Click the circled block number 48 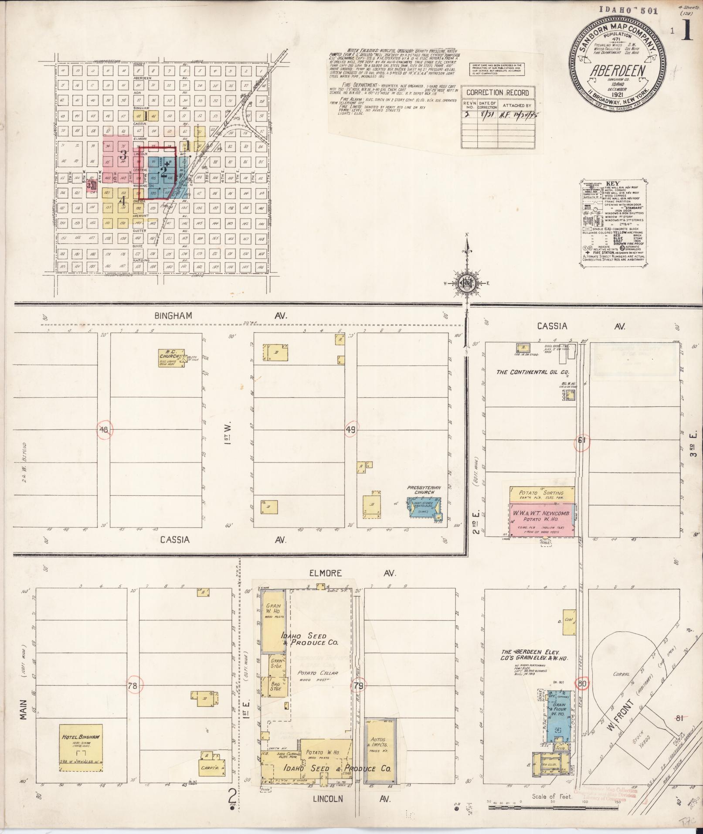[105, 430]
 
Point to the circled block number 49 [351, 430]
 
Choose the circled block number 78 [133, 686]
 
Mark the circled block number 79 [359, 686]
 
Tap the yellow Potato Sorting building [542, 494]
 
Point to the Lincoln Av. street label [327, 798]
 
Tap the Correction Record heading [497, 93]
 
